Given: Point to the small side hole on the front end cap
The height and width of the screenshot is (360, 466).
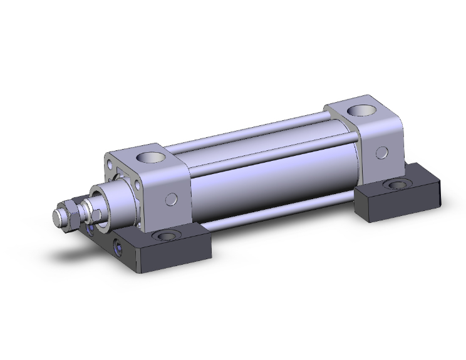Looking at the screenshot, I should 172,199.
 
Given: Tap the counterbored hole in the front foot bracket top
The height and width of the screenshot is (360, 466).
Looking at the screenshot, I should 168,236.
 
